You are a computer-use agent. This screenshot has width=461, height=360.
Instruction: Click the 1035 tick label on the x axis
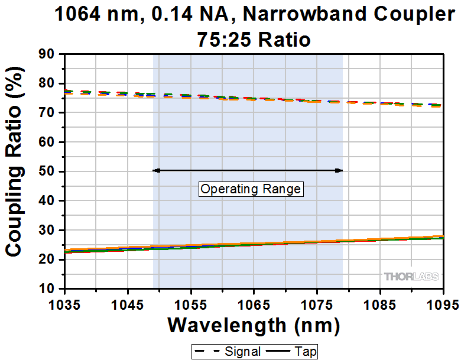(64, 305)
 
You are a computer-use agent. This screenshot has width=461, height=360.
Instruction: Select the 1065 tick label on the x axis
(254, 305)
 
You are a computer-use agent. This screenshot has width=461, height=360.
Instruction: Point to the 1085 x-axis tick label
(380, 305)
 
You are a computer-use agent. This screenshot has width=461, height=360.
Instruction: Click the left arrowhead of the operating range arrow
(156, 170)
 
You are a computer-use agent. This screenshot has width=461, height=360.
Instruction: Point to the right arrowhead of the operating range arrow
(339, 170)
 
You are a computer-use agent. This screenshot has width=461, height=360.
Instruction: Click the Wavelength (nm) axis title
(254, 325)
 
